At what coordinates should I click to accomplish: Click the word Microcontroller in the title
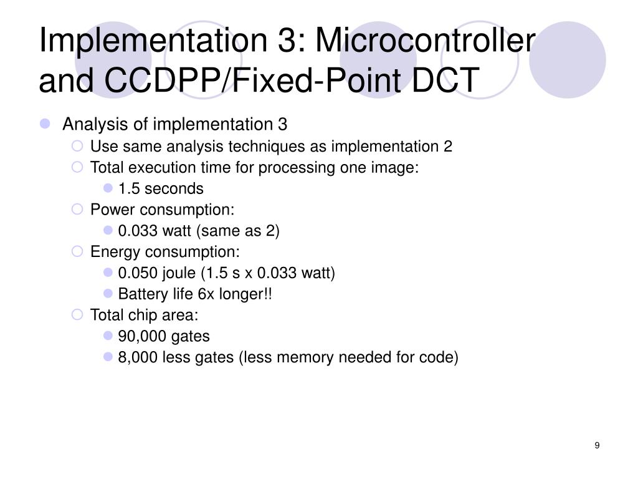pos(426,42)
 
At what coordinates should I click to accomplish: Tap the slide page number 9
pos(597,445)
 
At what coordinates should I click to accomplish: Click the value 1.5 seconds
pos(161,188)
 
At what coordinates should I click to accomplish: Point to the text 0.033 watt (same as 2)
pos(199,231)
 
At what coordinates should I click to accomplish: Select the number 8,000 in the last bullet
pos(138,357)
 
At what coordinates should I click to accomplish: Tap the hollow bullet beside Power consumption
pos(77,210)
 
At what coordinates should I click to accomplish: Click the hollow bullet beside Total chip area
pos(77,315)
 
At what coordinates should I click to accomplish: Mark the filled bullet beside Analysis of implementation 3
pos(45,124)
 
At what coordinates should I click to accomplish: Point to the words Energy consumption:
pos(164,252)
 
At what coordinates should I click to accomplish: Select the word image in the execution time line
pos(396,168)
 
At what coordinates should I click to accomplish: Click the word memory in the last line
pos(304,357)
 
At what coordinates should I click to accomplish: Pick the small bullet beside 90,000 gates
pos(108,336)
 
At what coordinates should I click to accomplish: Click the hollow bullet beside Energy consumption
pos(77,252)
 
